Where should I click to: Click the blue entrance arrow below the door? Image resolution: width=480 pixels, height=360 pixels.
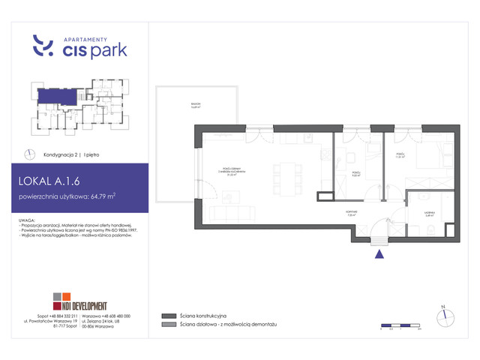(379, 253)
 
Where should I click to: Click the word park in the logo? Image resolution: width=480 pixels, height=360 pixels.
(106, 51)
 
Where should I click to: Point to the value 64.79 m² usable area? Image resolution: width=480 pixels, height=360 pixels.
(100, 198)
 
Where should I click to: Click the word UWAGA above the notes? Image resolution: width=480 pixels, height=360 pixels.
(32, 220)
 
